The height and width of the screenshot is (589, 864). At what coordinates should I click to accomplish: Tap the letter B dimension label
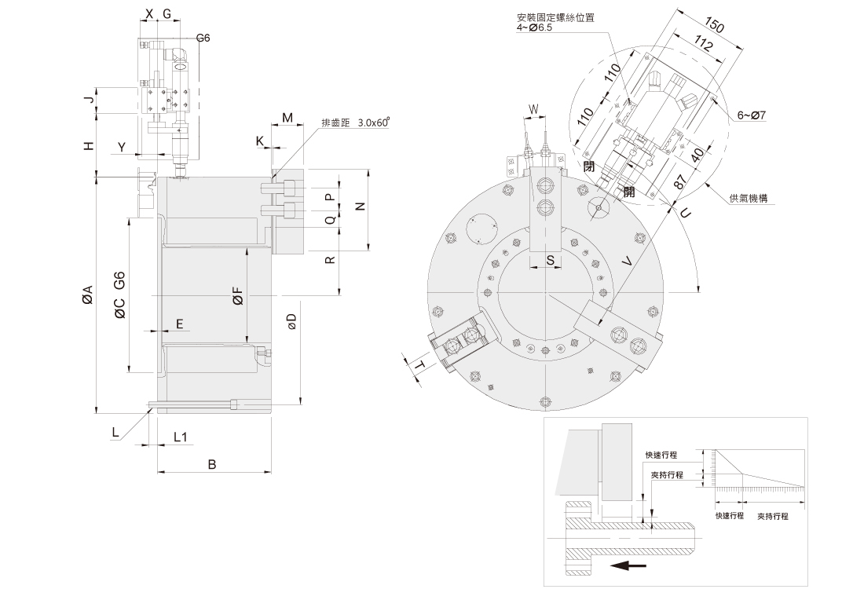[211, 464]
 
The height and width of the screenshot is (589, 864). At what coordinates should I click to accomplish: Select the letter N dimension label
[360, 207]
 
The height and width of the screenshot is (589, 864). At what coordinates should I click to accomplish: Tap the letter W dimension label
[534, 108]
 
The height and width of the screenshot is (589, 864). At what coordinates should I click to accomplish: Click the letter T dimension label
[419, 366]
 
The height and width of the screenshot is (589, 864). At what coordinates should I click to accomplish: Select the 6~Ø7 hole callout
[752, 115]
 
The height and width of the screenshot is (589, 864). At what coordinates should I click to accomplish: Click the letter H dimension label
[90, 145]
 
